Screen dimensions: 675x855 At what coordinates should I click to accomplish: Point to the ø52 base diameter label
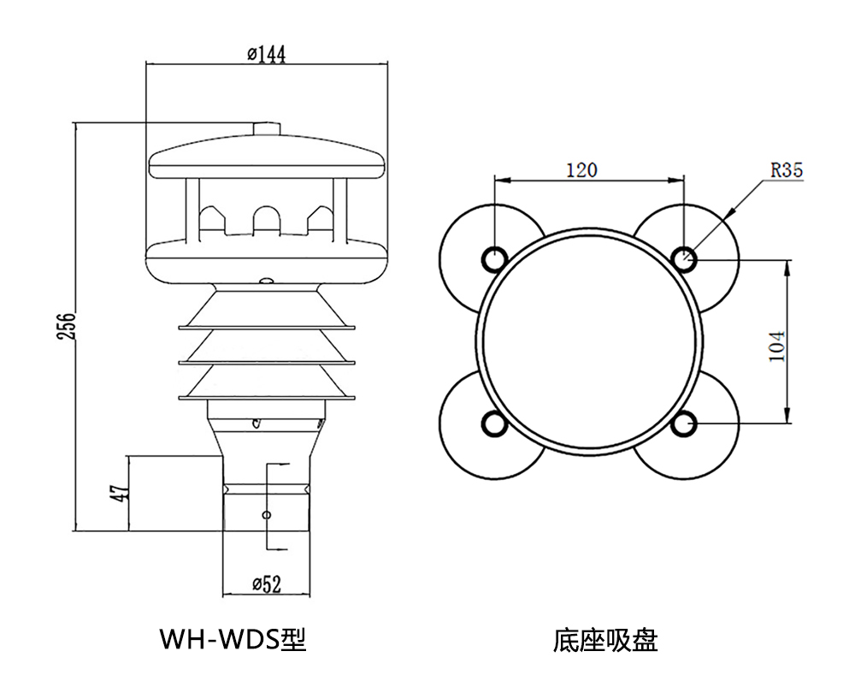coord(266,584)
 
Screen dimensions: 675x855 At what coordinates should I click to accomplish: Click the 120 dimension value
coord(581,170)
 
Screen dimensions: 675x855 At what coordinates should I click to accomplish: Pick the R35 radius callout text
coord(787,169)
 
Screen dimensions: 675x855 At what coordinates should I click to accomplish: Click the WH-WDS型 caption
coord(233,638)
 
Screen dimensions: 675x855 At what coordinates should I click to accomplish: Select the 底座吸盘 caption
coord(605,639)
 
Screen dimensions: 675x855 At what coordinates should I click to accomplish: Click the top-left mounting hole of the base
coord(495,258)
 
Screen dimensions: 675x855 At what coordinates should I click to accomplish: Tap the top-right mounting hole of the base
coord(683,258)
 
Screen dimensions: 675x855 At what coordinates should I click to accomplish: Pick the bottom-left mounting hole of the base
coord(495,423)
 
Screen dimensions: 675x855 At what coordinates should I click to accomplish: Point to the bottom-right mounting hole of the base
coord(683,423)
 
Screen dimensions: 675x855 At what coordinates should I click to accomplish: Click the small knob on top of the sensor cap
coord(267,128)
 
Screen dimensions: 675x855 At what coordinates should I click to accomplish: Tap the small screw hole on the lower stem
coord(266,515)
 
